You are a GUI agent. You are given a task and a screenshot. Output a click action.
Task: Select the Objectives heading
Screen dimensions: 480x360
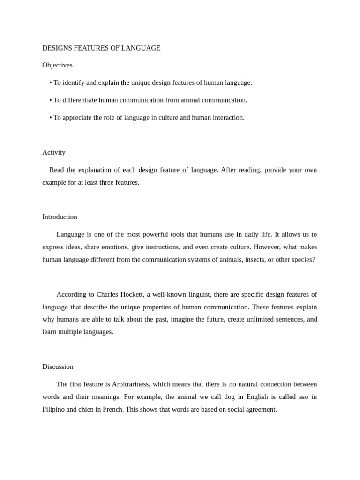pos(57,65)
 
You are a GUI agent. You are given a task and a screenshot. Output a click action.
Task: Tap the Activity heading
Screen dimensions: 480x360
pos(54,152)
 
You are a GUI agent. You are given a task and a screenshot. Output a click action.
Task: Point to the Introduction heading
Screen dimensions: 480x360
pos(60,217)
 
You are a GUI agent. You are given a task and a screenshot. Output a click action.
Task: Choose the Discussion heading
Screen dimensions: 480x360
pos(58,367)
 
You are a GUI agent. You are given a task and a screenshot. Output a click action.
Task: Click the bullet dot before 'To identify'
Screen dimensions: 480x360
pos(51,83)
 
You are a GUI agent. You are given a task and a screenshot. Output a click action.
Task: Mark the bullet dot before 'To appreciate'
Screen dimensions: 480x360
pos(51,118)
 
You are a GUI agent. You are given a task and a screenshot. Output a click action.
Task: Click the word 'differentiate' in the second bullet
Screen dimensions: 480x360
pos(80,100)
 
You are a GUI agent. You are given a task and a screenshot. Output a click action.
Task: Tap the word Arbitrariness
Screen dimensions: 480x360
pos(131,384)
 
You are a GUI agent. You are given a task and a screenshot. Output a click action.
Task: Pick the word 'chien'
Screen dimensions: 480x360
pos(87,409)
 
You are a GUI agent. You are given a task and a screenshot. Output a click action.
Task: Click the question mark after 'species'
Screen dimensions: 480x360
pos(314,259)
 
